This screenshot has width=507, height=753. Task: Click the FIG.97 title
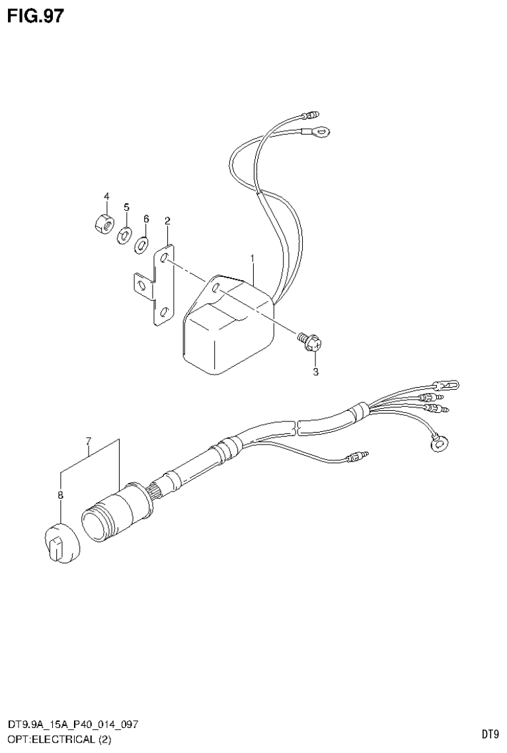click(36, 16)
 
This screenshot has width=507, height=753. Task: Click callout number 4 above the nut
click(105, 197)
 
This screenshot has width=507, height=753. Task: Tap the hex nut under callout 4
click(102, 222)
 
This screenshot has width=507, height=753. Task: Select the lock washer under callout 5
click(124, 234)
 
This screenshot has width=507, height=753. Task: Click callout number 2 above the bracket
click(167, 221)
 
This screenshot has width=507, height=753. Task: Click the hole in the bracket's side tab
click(141, 285)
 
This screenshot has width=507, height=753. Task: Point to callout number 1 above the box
click(252, 256)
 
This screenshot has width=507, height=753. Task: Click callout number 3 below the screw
click(316, 372)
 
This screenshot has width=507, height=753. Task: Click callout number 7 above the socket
click(88, 441)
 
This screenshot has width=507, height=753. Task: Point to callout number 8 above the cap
click(60, 495)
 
